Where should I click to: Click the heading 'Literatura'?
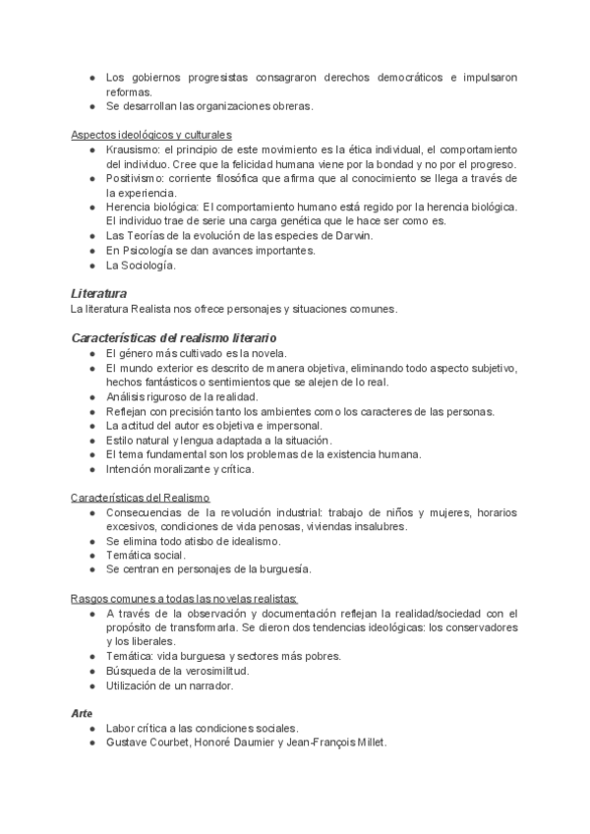coord(98,293)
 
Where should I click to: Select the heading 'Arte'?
coord(82,712)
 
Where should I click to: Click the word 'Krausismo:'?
coord(133,149)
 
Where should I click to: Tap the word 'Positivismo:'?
coord(136,179)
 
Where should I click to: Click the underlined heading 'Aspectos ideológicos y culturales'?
coord(150,134)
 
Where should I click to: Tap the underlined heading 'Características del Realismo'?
coord(140,498)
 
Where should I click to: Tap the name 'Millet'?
coord(368,743)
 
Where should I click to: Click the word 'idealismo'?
coord(254,541)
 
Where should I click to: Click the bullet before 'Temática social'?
coord(90,556)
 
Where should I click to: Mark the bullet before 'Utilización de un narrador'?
coord(90,685)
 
